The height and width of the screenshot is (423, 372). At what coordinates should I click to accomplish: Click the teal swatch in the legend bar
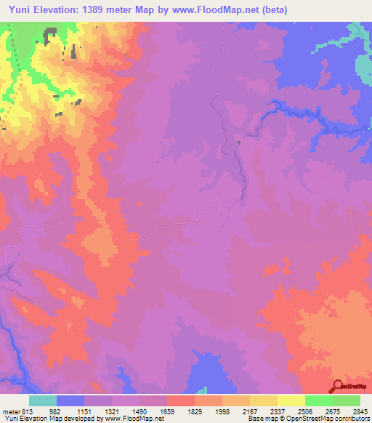[x=43, y=400]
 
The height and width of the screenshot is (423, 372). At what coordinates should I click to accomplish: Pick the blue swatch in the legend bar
[x=70, y=400]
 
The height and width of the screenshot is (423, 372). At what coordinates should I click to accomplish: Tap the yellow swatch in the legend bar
[x=291, y=400]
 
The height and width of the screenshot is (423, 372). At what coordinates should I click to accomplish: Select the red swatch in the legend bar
[x=181, y=400]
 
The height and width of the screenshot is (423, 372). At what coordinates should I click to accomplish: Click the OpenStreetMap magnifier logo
[x=337, y=385]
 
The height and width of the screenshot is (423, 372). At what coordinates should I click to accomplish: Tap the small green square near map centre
[x=238, y=142]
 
